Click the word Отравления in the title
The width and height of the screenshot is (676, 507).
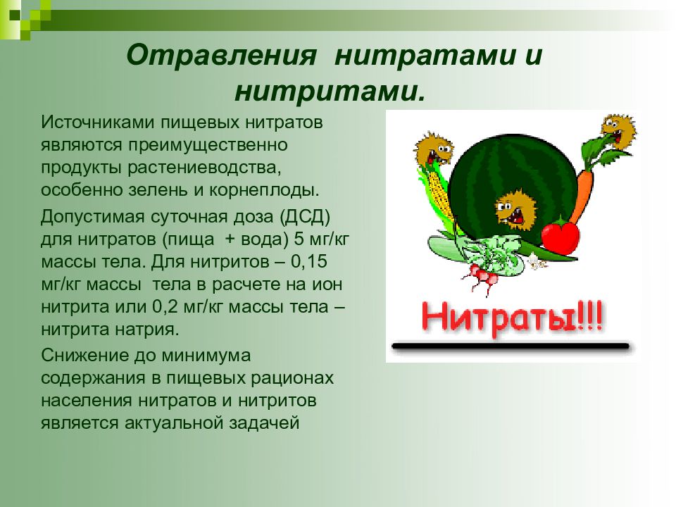[x=220, y=56]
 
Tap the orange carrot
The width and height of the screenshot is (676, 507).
[x=582, y=191]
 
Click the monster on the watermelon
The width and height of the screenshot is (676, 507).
[x=515, y=208]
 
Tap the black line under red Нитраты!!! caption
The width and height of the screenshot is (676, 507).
[x=511, y=346]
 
